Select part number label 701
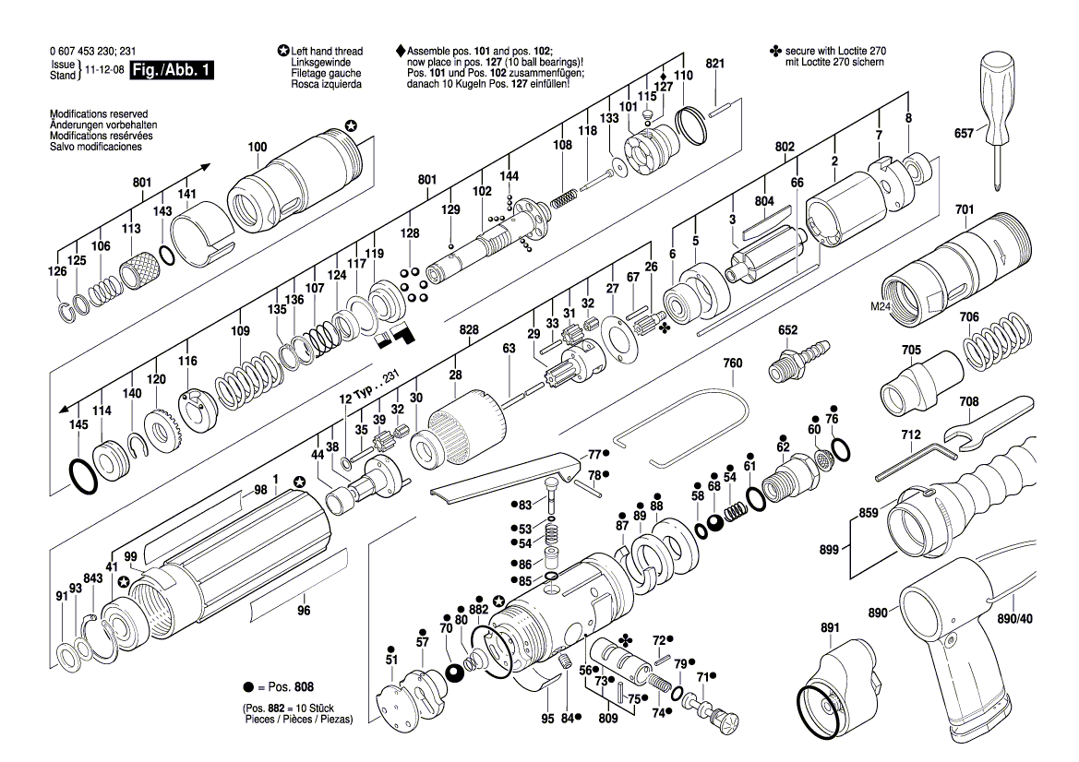tap(964, 210)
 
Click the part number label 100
tap(258, 148)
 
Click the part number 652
tap(787, 330)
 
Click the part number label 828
tap(469, 329)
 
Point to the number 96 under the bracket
tap(304, 611)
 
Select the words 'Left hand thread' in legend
tap(327, 52)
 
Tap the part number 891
tap(830, 629)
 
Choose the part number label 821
tap(715, 63)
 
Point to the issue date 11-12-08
tap(104, 70)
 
